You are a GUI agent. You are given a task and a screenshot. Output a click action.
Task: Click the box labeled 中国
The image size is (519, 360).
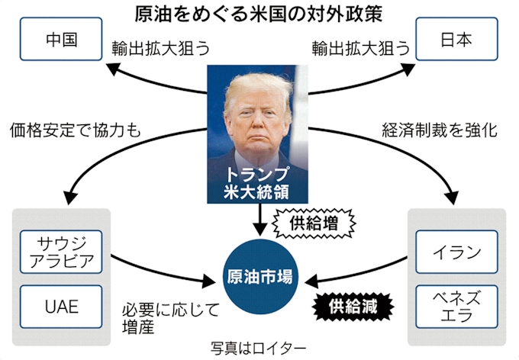coord(62,40)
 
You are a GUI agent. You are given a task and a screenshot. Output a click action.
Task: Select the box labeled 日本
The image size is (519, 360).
coord(457,40)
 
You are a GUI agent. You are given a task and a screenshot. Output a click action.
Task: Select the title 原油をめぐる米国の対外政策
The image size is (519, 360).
coord(259,13)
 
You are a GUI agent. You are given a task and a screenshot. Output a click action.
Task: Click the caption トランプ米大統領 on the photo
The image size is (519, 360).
coord(259,180)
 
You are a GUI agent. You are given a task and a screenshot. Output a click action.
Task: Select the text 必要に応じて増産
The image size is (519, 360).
coord(170,317)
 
